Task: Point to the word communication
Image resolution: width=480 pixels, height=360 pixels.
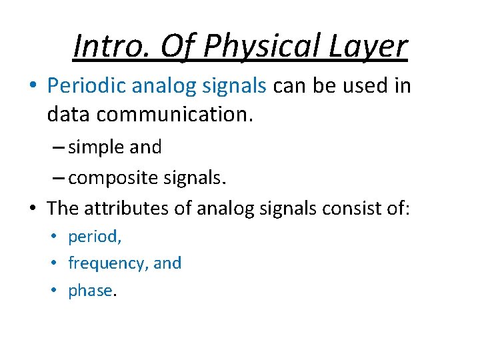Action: pos(175,115)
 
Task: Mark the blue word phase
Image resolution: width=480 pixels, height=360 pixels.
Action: pos(91,291)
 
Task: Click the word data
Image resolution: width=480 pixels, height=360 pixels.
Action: pos(69,115)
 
